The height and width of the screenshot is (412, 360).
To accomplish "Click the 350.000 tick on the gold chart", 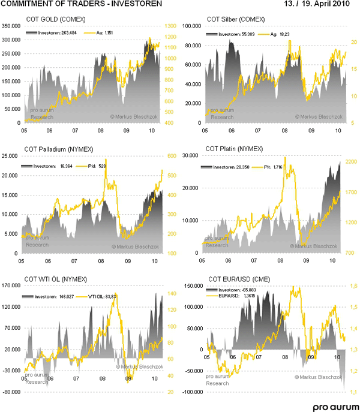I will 12,26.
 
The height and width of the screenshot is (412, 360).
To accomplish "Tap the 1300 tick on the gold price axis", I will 170,26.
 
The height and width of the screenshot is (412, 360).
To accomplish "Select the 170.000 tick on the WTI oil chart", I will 12,285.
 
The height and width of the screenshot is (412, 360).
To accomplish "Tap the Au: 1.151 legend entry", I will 106,34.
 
